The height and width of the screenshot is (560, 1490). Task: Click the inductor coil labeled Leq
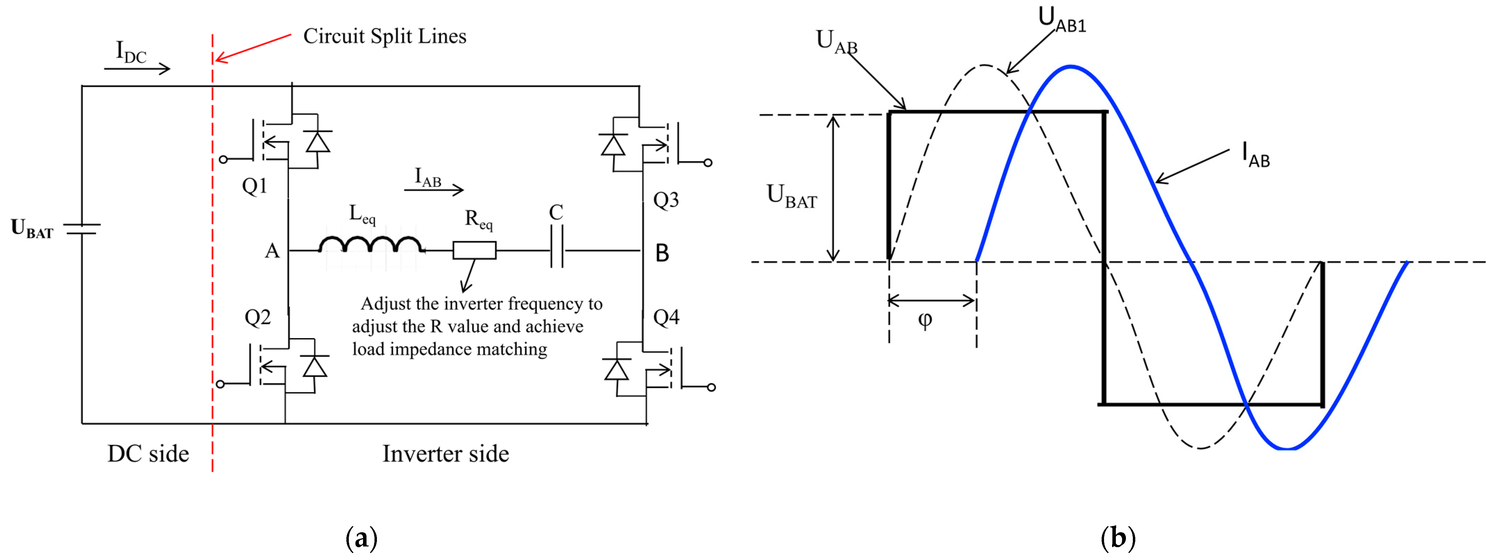(x=370, y=245)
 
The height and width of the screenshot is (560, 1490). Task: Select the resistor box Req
(x=474, y=250)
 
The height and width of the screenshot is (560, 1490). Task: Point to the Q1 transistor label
(x=254, y=186)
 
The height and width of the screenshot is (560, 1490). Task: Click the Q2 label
(x=258, y=317)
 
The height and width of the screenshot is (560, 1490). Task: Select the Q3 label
(x=666, y=200)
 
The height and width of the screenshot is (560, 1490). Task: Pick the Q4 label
(x=666, y=317)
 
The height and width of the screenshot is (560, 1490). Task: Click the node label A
(x=272, y=251)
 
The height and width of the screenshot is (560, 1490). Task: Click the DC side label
(x=148, y=454)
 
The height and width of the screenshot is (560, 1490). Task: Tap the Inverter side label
(x=445, y=454)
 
